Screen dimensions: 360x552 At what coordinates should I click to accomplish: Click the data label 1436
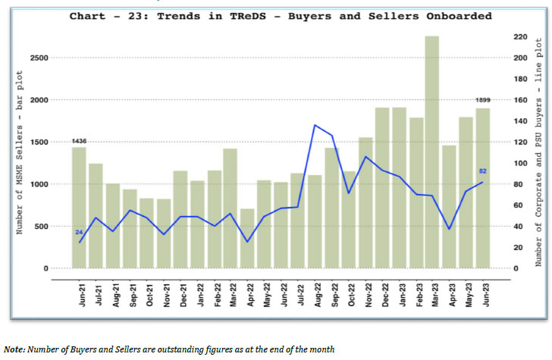79,141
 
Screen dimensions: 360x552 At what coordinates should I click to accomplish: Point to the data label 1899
482,101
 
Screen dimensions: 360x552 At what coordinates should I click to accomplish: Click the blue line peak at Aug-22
315,125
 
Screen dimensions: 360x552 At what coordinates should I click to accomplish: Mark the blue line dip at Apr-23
449,229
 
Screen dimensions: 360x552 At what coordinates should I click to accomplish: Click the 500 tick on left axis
42,227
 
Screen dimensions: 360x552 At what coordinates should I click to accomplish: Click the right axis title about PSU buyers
539,152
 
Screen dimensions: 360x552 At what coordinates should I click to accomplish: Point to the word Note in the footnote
13,349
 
